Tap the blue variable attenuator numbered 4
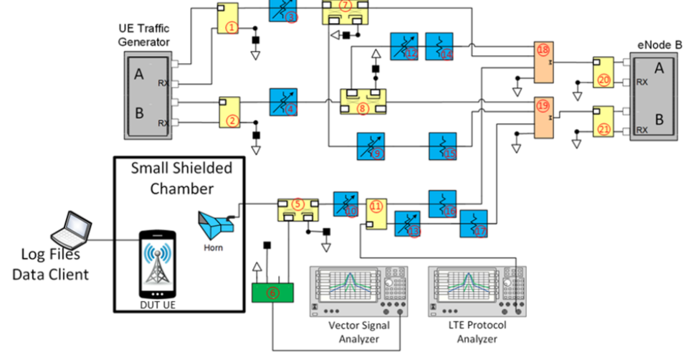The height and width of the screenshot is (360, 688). (x=283, y=102)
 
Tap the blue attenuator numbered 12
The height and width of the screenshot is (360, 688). (x=405, y=46)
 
